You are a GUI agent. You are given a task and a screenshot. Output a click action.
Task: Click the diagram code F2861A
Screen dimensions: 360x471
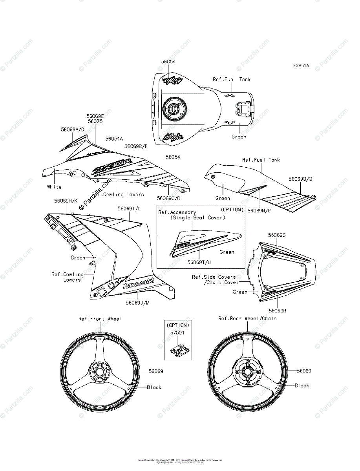pos(300,66)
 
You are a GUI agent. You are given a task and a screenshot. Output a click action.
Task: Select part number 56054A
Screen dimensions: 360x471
pos(114,139)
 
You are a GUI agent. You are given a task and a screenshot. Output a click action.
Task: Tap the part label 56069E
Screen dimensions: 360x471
pos(95,116)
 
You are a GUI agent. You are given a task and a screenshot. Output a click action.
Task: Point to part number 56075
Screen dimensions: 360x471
pos(95,122)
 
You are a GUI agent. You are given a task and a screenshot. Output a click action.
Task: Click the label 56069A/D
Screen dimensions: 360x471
pos(73,129)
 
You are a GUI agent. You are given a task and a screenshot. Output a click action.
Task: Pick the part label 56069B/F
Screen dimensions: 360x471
pos(136,146)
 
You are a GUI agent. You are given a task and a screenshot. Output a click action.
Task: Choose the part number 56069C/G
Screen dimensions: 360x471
pos(168,198)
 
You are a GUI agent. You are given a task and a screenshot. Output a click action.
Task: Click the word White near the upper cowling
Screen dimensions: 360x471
pos(54,187)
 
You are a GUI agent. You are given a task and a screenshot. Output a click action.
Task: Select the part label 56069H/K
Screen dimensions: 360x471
pos(66,201)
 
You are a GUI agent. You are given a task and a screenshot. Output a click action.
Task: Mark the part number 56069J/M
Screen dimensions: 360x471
pos(137,303)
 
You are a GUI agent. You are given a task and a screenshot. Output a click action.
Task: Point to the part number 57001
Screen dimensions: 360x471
pos(178,332)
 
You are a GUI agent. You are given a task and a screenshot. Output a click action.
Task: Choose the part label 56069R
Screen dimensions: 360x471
pos(278,310)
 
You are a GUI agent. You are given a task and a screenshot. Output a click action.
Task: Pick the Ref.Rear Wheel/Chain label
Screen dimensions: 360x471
pos(247,318)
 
